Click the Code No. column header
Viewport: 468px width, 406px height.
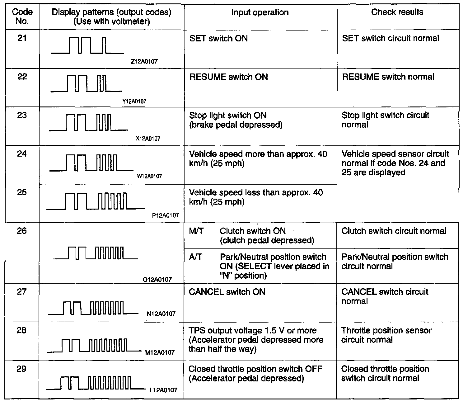[x=22, y=17]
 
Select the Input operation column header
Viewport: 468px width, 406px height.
[x=260, y=12]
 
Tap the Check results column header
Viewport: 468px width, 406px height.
[x=397, y=12]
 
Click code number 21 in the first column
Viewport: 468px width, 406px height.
[x=22, y=38]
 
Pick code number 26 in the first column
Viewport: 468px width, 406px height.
[x=22, y=231]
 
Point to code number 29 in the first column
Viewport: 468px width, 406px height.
[x=21, y=369]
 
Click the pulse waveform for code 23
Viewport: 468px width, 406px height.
[x=88, y=122]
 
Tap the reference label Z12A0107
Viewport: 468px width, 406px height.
[x=144, y=62]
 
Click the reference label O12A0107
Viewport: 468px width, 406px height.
[x=157, y=279]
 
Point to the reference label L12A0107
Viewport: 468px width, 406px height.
[x=163, y=390]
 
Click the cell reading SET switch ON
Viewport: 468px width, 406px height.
[x=218, y=39]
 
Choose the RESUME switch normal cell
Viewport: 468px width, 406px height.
[x=388, y=77]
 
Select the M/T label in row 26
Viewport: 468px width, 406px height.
[x=196, y=231]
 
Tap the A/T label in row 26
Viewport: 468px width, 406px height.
[x=195, y=257]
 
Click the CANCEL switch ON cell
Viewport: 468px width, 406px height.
[x=227, y=292]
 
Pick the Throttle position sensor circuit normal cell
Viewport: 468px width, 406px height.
[x=386, y=335]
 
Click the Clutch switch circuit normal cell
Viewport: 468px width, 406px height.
[x=394, y=231]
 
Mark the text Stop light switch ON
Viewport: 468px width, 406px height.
[x=228, y=116]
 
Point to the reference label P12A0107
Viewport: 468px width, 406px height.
[x=166, y=215]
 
